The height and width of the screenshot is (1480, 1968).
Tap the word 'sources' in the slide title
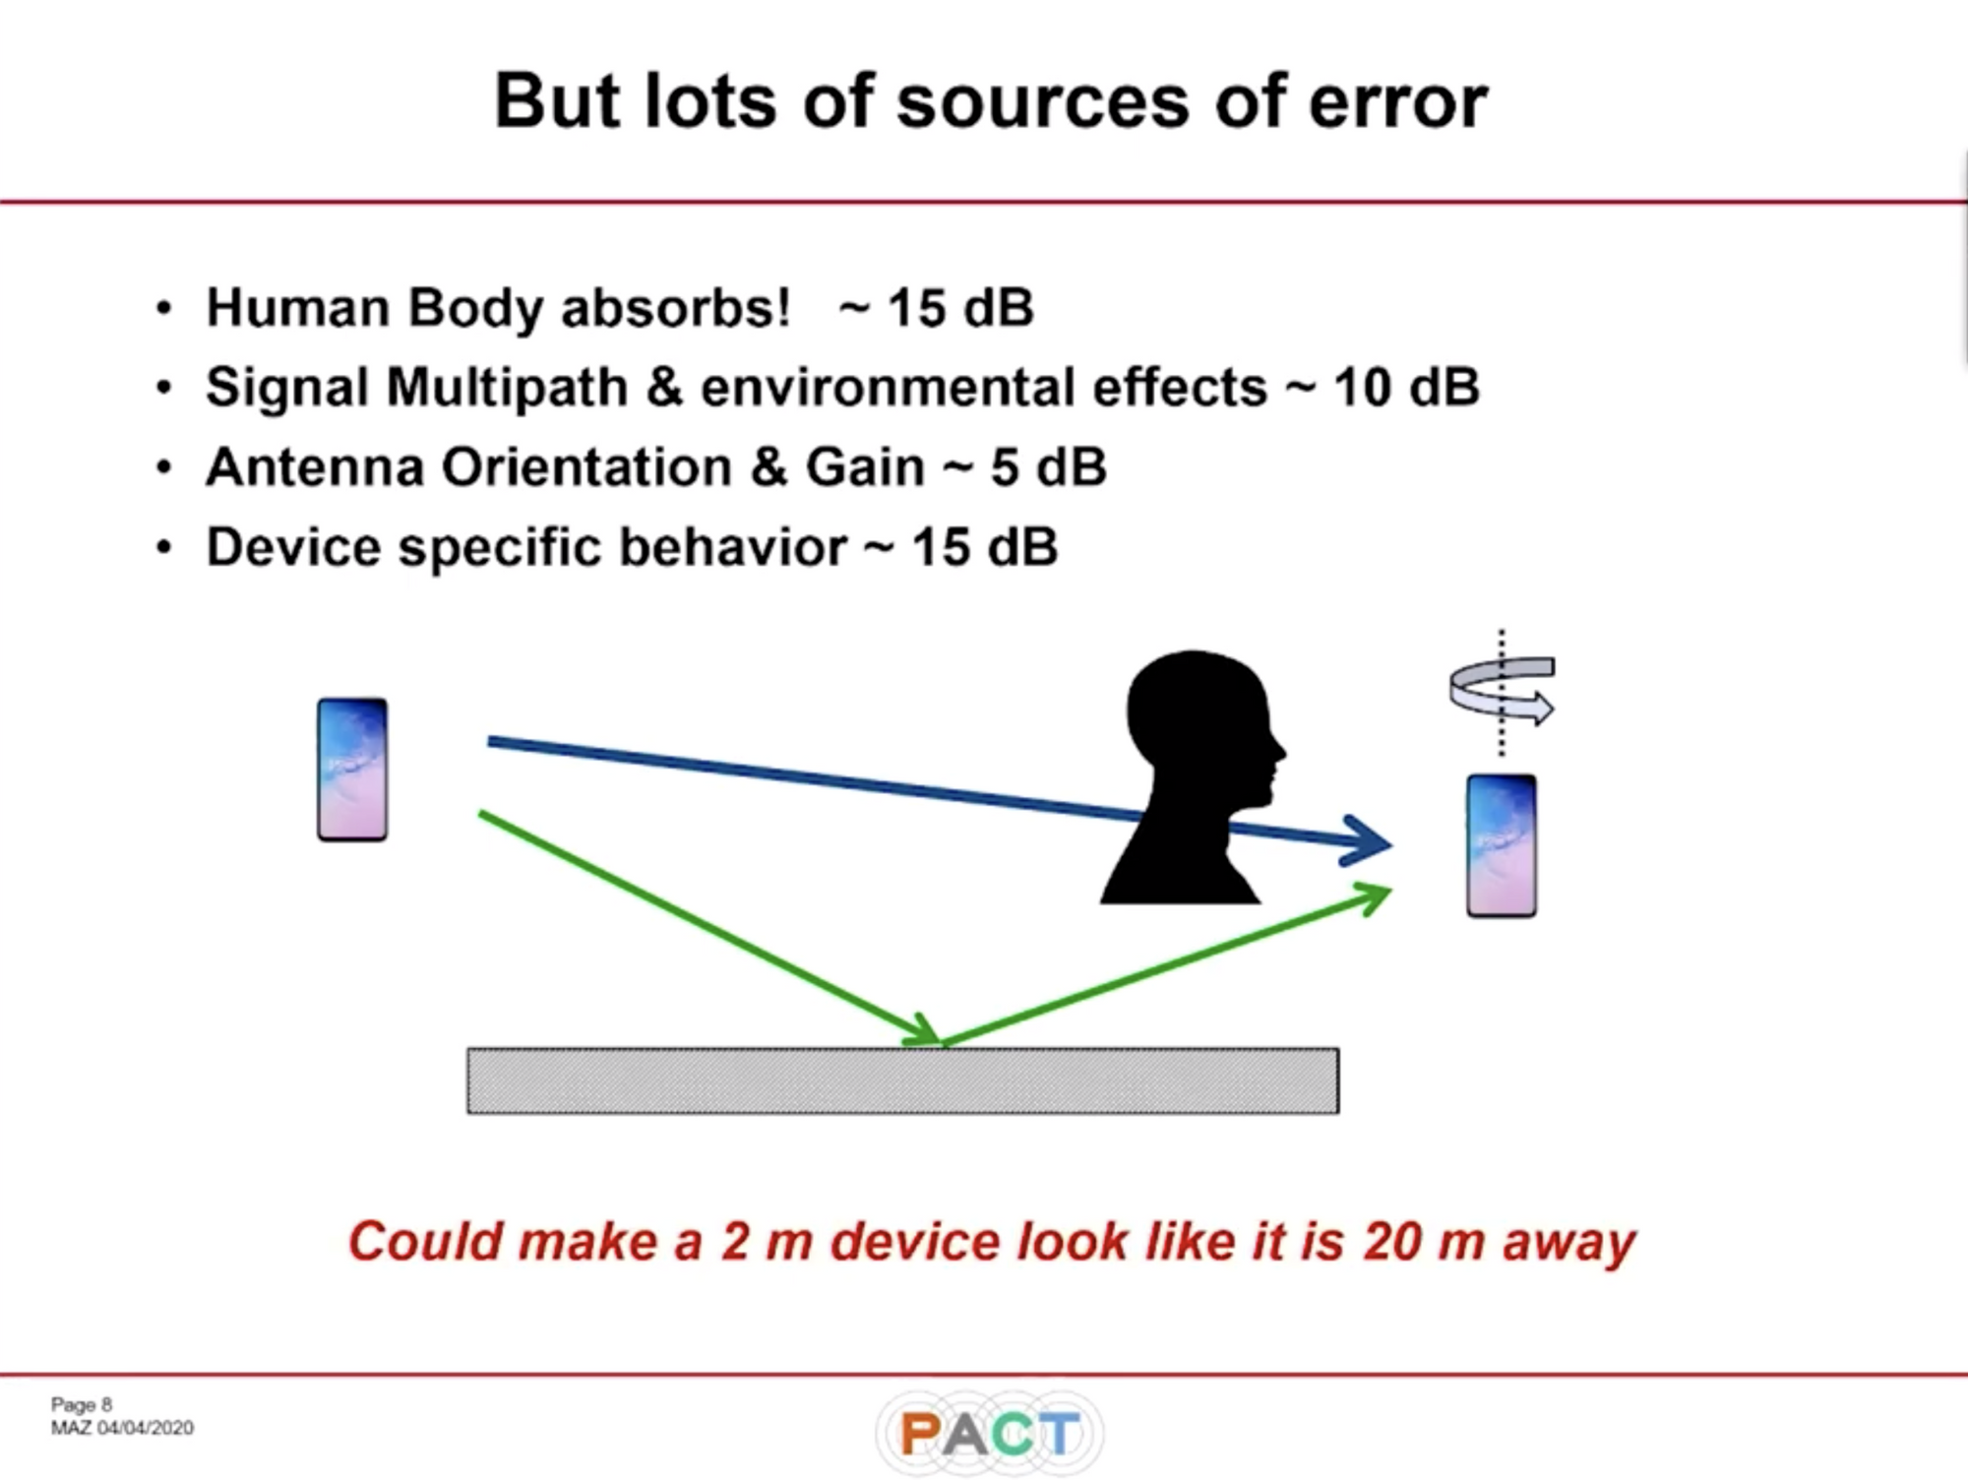pos(1043,102)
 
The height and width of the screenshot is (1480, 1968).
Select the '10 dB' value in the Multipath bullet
pos(1406,387)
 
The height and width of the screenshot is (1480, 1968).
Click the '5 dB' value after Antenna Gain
pos(1048,466)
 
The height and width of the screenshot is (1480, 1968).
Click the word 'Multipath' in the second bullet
pos(507,387)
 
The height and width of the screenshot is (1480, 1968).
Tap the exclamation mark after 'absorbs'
pos(781,307)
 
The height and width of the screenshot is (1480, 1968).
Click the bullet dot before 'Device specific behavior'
pos(164,547)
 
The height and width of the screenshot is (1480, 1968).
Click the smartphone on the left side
pos(352,770)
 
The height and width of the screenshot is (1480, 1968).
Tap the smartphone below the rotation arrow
pos(1502,846)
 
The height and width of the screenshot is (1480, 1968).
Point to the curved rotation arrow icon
pos(1502,689)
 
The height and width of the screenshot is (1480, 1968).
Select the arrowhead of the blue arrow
pos(1368,841)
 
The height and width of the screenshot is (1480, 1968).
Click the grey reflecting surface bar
pos(903,1080)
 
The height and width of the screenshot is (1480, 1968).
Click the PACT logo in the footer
pos(989,1434)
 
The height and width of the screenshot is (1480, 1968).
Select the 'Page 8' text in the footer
pos(82,1405)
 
